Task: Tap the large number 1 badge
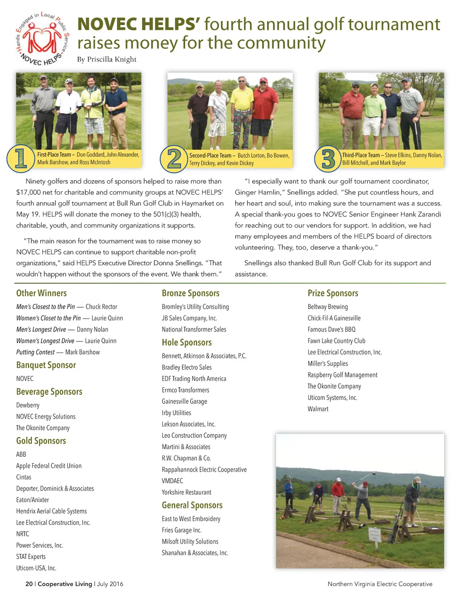click(21, 158)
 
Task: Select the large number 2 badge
click(174, 159)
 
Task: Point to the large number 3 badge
click(328, 159)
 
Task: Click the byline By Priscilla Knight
click(106, 59)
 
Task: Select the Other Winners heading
click(41, 293)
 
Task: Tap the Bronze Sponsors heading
click(191, 293)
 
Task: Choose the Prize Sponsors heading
click(333, 293)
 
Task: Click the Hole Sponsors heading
click(187, 343)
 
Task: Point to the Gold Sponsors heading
click(41, 441)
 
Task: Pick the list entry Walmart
click(318, 409)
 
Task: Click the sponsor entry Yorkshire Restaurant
click(187, 492)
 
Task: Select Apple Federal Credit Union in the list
click(49, 466)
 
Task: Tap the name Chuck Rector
click(102, 307)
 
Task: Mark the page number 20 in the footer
click(29, 584)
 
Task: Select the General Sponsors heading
click(192, 505)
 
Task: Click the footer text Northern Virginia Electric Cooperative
click(380, 584)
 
